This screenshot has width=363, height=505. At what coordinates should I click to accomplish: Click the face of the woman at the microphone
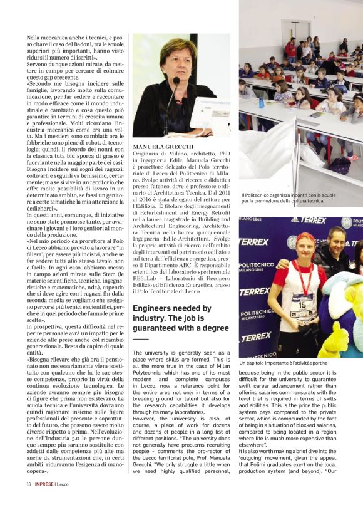coord(178,60)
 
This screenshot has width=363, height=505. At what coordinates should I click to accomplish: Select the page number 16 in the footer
coord(29,484)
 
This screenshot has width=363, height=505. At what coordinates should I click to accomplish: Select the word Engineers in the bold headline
coord(155,310)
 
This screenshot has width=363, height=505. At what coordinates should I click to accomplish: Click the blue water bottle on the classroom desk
coord(261,102)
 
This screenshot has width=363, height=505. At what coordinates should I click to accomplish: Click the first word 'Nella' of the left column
coord(33,38)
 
